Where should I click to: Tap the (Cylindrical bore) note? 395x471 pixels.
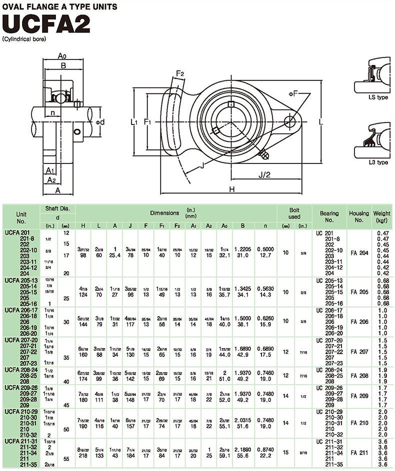point(24,39)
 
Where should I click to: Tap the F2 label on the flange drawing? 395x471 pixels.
point(180,74)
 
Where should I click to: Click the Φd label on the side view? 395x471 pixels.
point(99,122)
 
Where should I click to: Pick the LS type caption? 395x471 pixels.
point(377,97)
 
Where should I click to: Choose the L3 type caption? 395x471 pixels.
point(377,162)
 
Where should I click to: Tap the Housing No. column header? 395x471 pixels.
point(358,216)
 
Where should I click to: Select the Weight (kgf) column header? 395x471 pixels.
point(382,216)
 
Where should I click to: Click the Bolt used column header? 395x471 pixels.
point(294,213)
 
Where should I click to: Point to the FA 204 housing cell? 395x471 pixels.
point(358,253)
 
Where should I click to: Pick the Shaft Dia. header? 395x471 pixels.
point(57,208)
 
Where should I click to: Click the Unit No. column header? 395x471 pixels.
point(20,216)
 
